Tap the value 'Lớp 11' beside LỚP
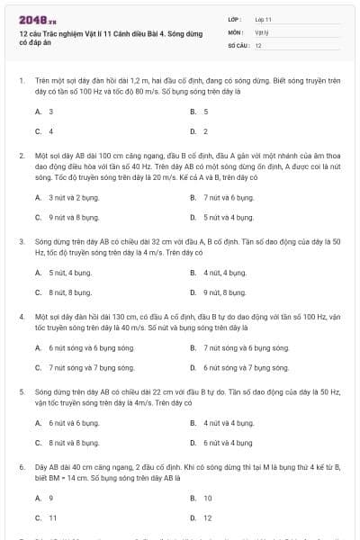tap(264, 18)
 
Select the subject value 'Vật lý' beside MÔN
tap(262, 31)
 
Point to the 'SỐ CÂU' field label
tap(238, 44)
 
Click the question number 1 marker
tap(21, 80)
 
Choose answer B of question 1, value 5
tap(205, 112)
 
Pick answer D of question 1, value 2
tap(205, 130)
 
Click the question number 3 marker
tap(21, 242)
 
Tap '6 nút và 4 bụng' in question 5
tap(228, 442)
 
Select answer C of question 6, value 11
tap(52, 517)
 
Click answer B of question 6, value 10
tap(207, 498)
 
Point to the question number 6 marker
tap(21, 468)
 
